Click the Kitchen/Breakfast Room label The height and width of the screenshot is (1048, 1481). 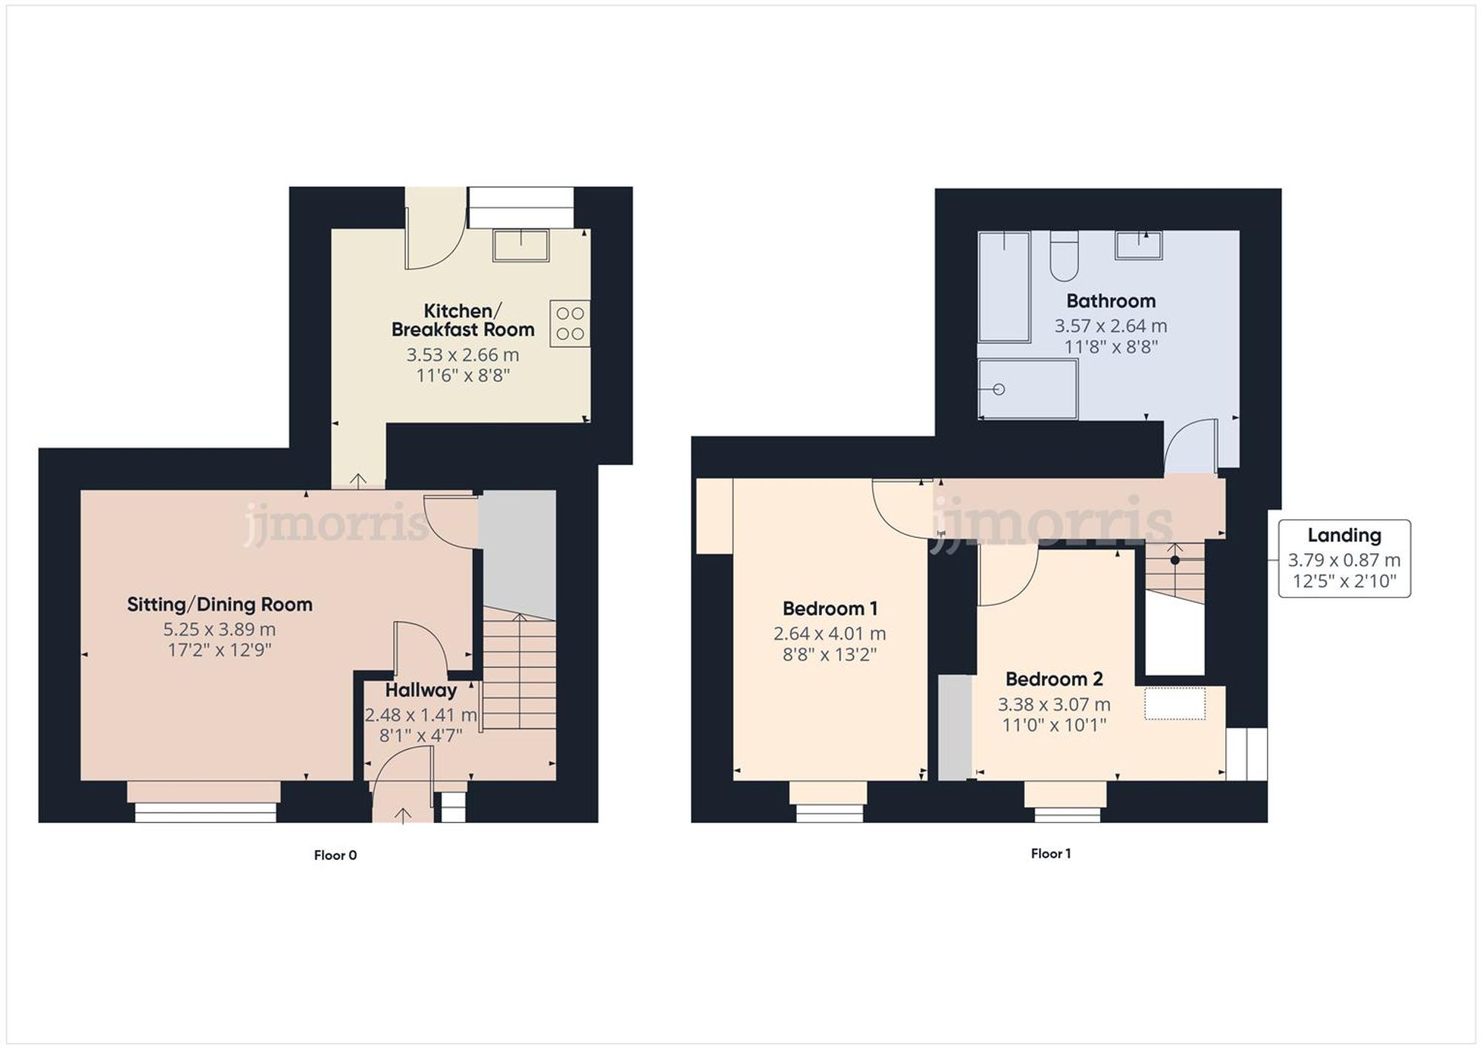point(462,320)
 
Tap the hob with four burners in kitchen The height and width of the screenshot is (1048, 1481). point(569,324)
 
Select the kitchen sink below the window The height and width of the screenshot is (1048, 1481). point(521,245)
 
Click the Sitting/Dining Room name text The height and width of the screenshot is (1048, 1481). point(219,604)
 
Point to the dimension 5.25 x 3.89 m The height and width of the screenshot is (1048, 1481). point(219,630)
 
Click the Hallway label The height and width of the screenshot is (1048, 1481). point(421,690)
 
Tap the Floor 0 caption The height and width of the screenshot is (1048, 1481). point(335,855)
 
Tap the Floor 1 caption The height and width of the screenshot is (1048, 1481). point(1050,853)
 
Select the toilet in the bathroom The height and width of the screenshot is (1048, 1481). point(1064,256)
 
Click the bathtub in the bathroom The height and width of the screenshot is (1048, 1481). point(1003,287)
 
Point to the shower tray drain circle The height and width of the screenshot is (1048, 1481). point(998,389)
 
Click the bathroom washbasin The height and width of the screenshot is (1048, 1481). point(1138,245)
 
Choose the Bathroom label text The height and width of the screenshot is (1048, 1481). point(1110,301)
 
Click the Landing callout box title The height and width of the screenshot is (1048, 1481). point(1343,535)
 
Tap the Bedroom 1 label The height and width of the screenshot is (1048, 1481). point(829,609)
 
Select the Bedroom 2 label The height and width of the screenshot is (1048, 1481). point(1053,678)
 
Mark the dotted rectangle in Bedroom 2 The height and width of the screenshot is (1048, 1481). point(1174,704)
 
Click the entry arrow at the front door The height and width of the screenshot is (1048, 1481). point(402,815)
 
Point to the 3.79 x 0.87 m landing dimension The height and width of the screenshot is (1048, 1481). point(1343,560)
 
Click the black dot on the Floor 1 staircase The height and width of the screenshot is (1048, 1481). point(1174,560)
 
